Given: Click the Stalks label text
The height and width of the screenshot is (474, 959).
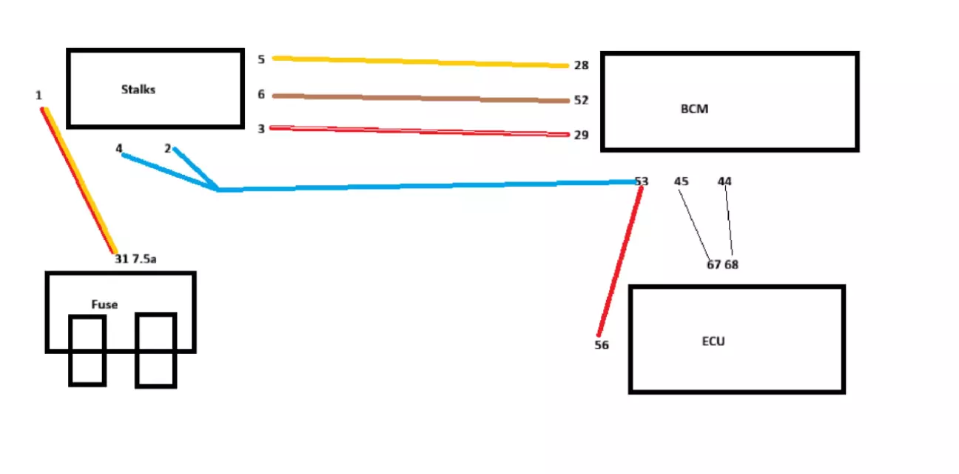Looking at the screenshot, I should click(x=138, y=90).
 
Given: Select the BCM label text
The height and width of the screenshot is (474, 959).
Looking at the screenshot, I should click(x=694, y=109).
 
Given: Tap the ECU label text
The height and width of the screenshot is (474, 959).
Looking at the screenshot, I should click(x=713, y=341).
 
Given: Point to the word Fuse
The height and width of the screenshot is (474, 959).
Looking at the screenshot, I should click(x=104, y=304).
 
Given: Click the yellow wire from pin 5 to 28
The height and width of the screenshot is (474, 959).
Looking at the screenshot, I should click(x=420, y=61).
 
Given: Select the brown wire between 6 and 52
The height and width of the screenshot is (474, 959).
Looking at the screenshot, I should click(x=420, y=98).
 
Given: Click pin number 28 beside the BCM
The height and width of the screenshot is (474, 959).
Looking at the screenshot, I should click(x=581, y=65).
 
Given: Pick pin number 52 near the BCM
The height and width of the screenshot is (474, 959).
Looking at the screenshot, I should click(x=581, y=100).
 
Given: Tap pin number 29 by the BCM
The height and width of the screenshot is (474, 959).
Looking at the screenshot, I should click(x=581, y=135).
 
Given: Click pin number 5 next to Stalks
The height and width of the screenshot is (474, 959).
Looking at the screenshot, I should click(x=261, y=59).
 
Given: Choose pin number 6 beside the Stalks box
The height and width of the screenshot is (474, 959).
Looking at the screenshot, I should click(x=261, y=94).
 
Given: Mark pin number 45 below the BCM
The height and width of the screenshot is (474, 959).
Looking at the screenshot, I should click(x=682, y=181).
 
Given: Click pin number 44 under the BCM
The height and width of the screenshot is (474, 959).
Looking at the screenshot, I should click(x=725, y=181).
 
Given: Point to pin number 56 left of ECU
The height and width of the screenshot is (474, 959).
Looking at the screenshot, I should click(x=602, y=345).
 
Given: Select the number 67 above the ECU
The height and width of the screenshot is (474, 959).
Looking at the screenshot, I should click(x=714, y=264).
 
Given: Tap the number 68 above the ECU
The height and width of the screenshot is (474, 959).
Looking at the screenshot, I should click(x=731, y=264).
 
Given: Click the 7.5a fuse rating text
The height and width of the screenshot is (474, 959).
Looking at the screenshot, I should click(x=144, y=258).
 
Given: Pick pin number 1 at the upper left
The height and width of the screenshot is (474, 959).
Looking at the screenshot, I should click(x=38, y=96).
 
